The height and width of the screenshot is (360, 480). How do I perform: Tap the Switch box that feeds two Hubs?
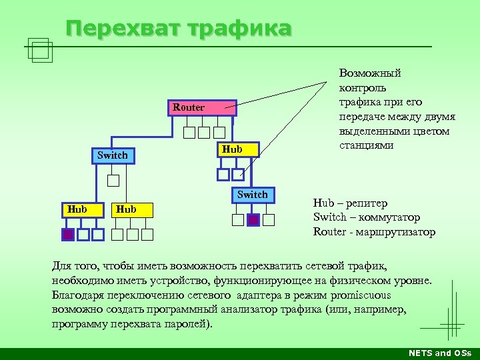[112, 156]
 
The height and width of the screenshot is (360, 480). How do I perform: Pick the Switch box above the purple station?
[253, 195]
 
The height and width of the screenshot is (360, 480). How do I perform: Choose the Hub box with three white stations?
[132, 209]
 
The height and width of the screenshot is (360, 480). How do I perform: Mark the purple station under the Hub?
[67, 234]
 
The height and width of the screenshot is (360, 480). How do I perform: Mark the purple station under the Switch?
[253, 219]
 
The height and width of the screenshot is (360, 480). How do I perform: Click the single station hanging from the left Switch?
[113, 180]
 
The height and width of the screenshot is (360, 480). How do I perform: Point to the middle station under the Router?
[204, 132]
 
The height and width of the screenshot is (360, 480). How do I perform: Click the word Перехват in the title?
[123, 29]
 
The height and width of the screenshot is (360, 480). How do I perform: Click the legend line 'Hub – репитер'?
[350, 203]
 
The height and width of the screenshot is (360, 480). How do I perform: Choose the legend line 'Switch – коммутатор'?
[367, 217]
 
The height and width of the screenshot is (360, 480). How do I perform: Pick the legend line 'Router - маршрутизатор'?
[374, 232]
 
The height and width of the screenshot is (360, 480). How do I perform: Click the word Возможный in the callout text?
[370, 73]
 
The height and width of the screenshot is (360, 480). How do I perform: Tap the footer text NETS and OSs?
[439, 353]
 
